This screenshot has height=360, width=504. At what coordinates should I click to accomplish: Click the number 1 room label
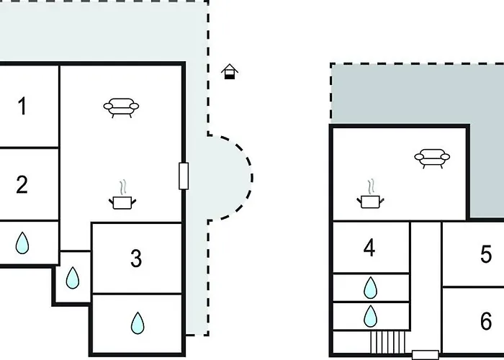22,107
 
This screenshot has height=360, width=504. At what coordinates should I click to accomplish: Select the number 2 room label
22,184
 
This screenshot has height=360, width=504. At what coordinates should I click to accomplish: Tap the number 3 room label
136,258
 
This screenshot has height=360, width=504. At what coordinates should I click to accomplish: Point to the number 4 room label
369,248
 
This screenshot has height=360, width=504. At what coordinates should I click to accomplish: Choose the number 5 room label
486,254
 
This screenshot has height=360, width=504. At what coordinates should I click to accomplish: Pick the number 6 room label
486,320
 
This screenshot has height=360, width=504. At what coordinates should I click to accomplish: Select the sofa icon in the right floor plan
432,157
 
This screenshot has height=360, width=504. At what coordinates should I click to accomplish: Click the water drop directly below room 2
23,243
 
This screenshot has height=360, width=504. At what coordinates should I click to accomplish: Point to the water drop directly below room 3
138,324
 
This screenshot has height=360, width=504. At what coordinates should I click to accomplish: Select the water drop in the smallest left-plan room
73,277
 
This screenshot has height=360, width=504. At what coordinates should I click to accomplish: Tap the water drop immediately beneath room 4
370,288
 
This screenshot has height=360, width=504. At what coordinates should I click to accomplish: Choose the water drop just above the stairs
370,315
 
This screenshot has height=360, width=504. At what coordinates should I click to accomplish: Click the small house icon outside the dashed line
230,71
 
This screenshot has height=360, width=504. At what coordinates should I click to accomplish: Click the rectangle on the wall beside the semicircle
184,176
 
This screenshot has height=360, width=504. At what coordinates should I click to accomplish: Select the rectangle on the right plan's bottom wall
424,354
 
